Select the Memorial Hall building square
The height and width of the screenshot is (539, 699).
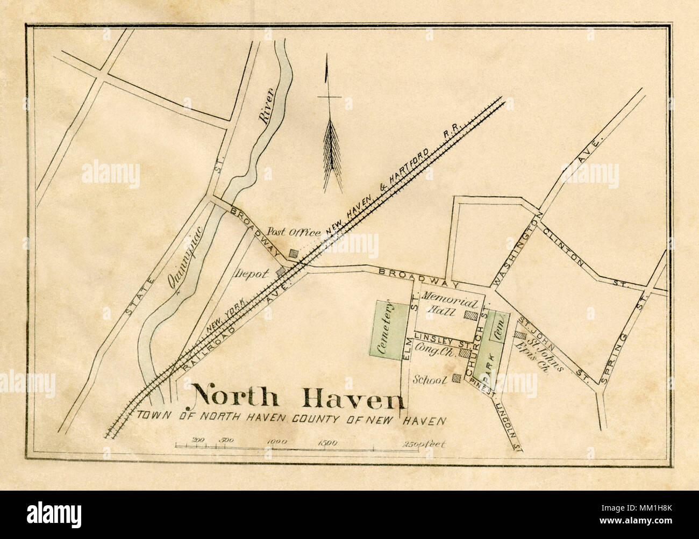pos(472,316)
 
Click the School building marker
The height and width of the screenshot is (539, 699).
pos(457,378)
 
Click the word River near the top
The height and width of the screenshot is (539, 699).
pos(267,106)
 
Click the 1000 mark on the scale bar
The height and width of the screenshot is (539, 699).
pos(277,442)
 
